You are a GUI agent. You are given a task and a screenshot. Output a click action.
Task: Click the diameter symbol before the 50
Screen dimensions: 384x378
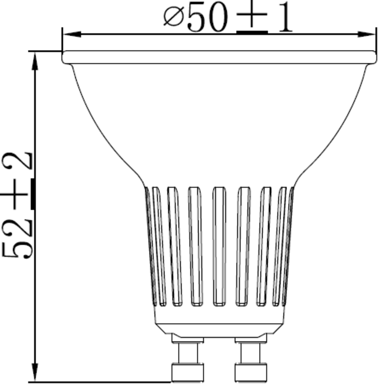click(173, 18)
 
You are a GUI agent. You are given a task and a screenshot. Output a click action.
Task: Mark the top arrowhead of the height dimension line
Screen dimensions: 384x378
click(35, 61)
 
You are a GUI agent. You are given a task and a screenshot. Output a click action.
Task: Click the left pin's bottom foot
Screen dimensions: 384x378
click(188, 372)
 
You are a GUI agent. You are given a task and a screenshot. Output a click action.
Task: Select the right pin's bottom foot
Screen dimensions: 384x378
click(251, 372)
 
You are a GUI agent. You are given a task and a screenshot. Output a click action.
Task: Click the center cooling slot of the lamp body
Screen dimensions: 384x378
click(219, 246)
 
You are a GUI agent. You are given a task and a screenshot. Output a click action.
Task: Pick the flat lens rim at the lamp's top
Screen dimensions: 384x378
click(219, 57)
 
